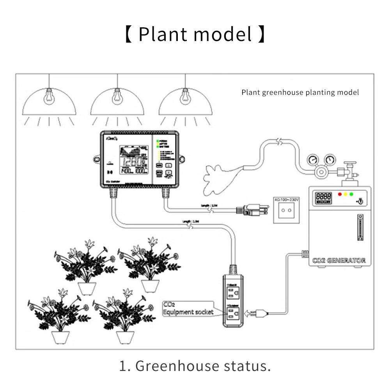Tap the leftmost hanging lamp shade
point(49,103)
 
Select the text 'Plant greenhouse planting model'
point(300,92)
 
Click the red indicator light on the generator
point(340,194)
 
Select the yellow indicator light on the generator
point(346,194)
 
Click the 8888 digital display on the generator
point(323,196)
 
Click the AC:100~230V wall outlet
point(287,209)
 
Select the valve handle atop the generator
point(351,166)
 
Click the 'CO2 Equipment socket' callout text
point(188,308)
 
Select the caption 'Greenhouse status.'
point(195,366)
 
